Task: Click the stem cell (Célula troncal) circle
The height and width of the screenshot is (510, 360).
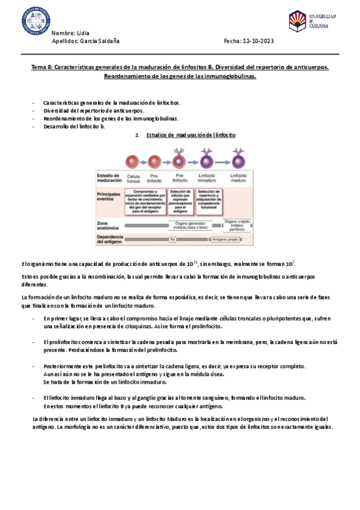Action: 133,161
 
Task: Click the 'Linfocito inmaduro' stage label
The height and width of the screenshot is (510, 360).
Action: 208,177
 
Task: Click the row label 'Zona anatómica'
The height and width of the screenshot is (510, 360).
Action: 107,226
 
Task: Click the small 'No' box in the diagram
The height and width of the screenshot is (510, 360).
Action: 172,239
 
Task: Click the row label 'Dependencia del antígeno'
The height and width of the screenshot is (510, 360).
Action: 110,239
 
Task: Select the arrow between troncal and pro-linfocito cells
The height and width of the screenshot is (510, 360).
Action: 143,161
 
